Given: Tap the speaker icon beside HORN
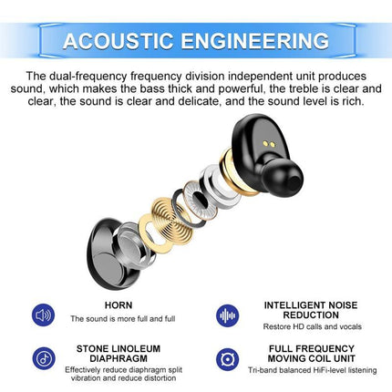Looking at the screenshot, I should pyautogui.click(x=43, y=315).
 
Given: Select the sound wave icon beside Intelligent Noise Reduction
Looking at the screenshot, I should pyautogui.click(x=228, y=315).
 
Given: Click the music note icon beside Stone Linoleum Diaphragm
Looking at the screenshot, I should pyautogui.click(x=43, y=357).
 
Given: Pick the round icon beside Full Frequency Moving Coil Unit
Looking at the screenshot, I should pyautogui.click(x=228, y=357).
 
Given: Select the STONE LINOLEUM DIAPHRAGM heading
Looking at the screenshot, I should pyautogui.click(x=119, y=352).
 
